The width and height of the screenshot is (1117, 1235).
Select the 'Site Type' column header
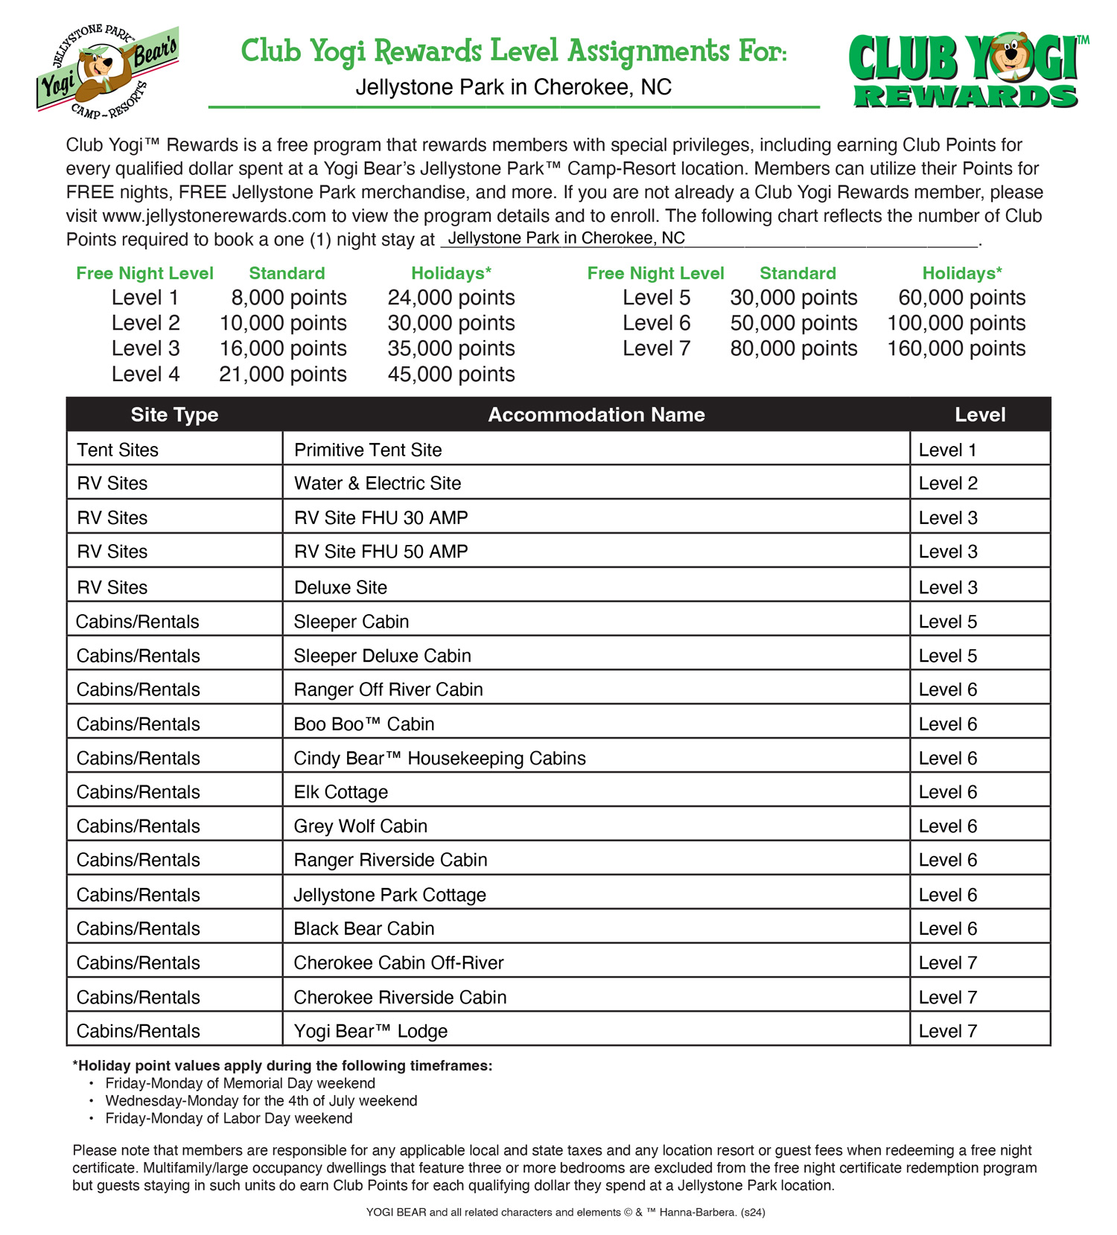coord(174,415)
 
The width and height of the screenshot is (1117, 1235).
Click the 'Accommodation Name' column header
coord(596,415)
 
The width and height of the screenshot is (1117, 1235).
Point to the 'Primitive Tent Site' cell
coord(368,450)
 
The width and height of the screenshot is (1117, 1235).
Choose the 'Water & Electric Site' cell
coord(378,483)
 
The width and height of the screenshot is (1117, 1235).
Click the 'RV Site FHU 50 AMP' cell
coord(381,552)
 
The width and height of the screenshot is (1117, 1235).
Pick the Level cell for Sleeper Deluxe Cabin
coord(948,656)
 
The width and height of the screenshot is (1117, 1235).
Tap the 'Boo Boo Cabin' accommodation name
coord(363,724)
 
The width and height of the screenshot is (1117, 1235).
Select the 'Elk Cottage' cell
coord(340,792)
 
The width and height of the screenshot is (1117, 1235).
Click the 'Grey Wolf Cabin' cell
coord(360,826)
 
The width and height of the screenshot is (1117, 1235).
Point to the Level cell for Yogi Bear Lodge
coord(948,1031)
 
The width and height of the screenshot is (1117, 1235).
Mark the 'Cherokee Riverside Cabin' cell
coord(400,997)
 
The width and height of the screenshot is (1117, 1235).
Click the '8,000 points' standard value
coord(288,298)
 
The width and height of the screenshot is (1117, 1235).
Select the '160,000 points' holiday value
coord(956,348)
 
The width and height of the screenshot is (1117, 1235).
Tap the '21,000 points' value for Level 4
coord(282,374)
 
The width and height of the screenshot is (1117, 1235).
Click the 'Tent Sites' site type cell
coord(118,450)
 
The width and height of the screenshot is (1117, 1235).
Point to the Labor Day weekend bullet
coord(229,1118)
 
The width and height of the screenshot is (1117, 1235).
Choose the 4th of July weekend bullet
coord(261,1100)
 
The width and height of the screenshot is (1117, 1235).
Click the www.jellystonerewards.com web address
coord(214,216)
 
